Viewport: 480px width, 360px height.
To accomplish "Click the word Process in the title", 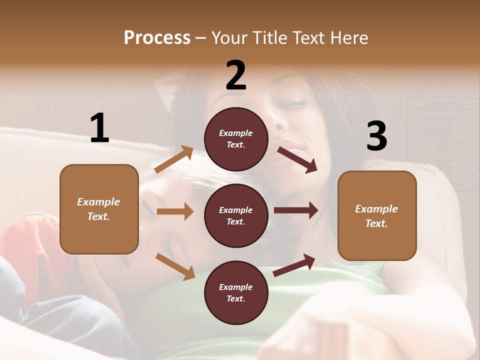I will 157,38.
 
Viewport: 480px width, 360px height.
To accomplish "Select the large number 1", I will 99,128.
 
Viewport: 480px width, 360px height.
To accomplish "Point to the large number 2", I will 236,75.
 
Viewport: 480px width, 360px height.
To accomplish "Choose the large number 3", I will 376,136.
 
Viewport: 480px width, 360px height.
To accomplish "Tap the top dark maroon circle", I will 236,139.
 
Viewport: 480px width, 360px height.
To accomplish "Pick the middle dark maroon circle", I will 236,215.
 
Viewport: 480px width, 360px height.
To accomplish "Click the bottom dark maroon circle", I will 236,292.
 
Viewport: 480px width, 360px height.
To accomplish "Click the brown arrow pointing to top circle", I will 174,159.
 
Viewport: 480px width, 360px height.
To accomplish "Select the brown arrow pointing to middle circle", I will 175,211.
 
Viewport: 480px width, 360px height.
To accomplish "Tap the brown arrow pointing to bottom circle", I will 175,266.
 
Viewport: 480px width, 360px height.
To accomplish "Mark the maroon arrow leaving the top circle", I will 297,159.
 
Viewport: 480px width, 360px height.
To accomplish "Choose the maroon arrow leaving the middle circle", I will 295,210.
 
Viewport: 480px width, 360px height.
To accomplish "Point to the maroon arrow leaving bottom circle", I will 294,265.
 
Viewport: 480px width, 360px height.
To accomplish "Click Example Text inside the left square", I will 98,209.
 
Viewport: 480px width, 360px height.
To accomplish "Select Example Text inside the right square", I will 376,216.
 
